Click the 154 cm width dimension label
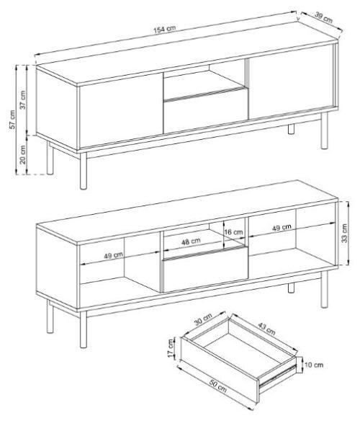[x=165, y=29]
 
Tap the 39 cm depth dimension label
[x=323, y=17]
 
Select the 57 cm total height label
[x=13, y=120]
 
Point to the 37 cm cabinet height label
[x=23, y=99]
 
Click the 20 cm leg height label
[x=23, y=155]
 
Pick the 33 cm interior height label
[x=344, y=233]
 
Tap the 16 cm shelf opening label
[x=233, y=232]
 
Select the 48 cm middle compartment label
[x=191, y=241]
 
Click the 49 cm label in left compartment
[x=113, y=256]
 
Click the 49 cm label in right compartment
[x=282, y=227]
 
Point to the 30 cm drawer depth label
[x=203, y=319]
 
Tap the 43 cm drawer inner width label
[x=266, y=329]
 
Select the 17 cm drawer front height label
[x=171, y=348]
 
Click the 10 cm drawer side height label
[x=314, y=365]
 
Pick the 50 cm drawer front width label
[x=218, y=386]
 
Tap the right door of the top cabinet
[x=291, y=81]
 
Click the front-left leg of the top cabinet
[x=84, y=171]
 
